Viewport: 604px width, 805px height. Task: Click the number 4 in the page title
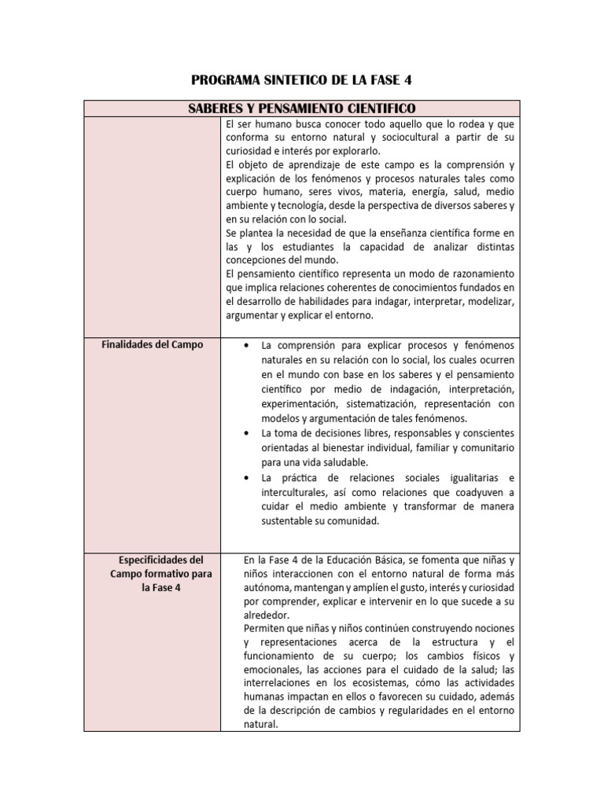point(407,80)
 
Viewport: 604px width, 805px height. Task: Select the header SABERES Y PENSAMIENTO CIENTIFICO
point(302,108)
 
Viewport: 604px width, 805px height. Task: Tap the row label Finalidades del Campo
point(152,344)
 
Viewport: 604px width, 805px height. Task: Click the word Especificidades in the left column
point(151,560)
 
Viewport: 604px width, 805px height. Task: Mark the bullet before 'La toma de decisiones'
point(249,433)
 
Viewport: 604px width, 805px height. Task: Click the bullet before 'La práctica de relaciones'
point(249,478)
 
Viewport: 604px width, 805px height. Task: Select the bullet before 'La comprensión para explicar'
point(249,345)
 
